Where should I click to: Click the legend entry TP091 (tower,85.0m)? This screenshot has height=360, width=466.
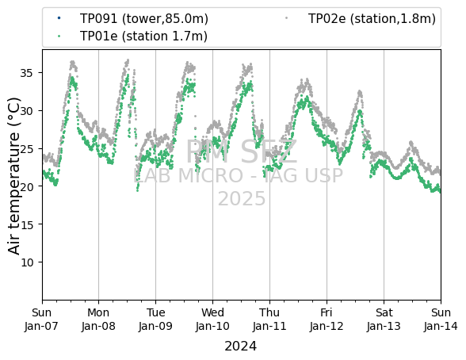tap(144, 19)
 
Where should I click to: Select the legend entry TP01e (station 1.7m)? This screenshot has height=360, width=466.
tap(143, 36)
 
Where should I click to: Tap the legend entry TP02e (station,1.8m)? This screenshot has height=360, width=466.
tap(372, 19)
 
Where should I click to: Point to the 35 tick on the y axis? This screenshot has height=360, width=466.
tap(26, 73)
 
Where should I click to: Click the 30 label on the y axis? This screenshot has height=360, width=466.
tap(26, 111)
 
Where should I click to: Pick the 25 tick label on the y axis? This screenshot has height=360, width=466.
tap(26, 148)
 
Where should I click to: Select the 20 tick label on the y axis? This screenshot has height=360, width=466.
tap(26, 186)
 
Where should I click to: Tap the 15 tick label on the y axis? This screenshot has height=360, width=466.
tap(26, 224)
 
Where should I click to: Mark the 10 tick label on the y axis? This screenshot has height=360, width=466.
tap(26, 262)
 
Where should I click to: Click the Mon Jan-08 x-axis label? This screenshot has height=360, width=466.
tap(98, 320)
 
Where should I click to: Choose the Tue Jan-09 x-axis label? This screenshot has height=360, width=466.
tap(155, 320)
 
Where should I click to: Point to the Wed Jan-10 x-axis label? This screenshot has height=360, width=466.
tap(212, 320)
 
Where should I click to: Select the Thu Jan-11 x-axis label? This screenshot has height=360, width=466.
tap(269, 320)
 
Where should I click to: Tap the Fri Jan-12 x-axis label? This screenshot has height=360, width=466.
tap(327, 320)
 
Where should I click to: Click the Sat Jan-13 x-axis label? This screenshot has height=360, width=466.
tap(384, 320)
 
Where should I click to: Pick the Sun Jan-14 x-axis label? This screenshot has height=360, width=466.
tap(441, 320)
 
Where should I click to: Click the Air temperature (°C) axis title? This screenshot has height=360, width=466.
tap(13, 175)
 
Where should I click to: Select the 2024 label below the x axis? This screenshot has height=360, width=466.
tap(240, 347)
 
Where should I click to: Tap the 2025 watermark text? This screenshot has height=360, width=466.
tap(242, 198)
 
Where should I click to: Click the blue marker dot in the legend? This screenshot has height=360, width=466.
tap(59, 18)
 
